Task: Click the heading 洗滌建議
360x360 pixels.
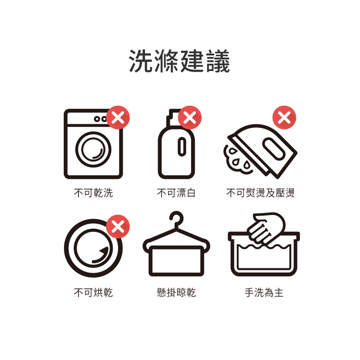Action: click(x=180, y=61)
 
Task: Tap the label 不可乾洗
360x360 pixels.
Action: click(x=93, y=193)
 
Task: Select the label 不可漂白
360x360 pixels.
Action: click(x=176, y=193)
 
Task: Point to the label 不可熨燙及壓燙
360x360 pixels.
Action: click(x=260, y=193)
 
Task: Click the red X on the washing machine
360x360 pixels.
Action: click(x=118, y=117)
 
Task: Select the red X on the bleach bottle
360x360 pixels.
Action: click(x=190, y=117)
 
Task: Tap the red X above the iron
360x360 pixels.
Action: click(x=284, y=117)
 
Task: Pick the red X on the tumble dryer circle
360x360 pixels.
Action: click(x=118, y=226)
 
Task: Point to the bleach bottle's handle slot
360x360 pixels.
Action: click(x=182, y=147)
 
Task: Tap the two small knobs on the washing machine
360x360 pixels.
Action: click(x=100, y=119)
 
